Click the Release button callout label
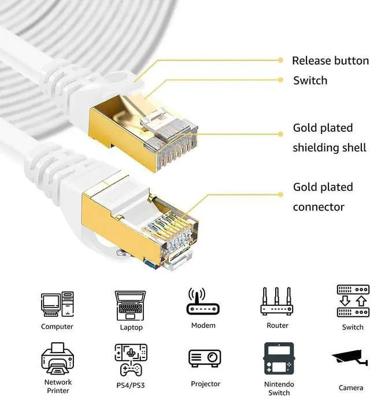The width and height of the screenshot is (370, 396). [x=330, y=61]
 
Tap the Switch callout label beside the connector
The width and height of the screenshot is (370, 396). [x=310, y=80]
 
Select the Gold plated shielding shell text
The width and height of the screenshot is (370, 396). [x=330, y=138]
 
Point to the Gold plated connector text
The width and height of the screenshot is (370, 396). [x=323, y=197]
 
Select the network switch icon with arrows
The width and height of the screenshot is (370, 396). [x=353, y=301]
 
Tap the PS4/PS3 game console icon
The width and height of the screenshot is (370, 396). [x=131, y=360]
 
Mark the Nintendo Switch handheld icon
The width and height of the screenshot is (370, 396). [x=279, y=360]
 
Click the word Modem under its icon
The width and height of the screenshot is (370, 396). [x=203, y=325]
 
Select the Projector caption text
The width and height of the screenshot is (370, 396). [x=205, y=384]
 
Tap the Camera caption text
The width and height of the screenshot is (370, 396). [x=351, y=387]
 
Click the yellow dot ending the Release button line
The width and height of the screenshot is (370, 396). [x=280, y=60]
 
